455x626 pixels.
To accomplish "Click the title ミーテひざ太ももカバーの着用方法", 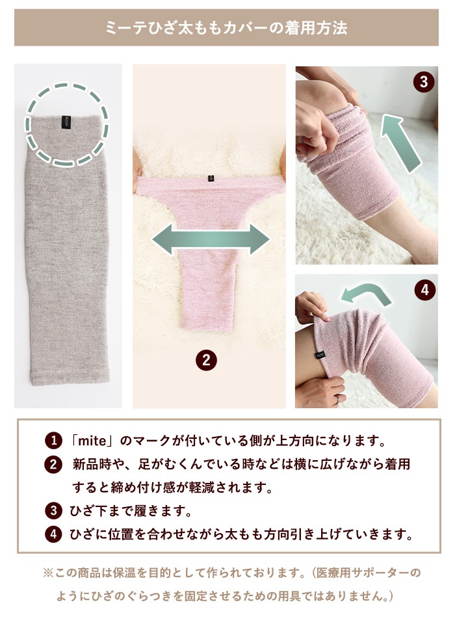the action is click(226, 28).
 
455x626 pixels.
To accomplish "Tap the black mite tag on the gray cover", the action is click(66, 122).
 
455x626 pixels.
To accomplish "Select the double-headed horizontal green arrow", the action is click(211, 239).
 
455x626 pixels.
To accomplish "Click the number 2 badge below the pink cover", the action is click(206, 360).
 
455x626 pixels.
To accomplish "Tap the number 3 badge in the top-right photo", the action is click(423, 82).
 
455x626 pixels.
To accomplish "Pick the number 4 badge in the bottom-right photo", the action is click(424, 289).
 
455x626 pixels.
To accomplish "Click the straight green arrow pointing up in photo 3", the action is click(401, 143).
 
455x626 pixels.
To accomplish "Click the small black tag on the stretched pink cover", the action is click(210, 179).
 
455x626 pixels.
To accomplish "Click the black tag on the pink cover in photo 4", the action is click(320, 354).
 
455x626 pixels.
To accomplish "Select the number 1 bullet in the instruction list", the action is click(53, 441).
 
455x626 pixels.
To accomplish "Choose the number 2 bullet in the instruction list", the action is click(53, 465).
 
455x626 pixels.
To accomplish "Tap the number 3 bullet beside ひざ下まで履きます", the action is click(53, 511).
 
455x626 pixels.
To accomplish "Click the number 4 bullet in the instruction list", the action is click(53, 534).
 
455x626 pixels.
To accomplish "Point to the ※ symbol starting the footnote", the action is click(48, 573).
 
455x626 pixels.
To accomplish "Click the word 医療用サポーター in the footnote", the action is click(361, 573).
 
